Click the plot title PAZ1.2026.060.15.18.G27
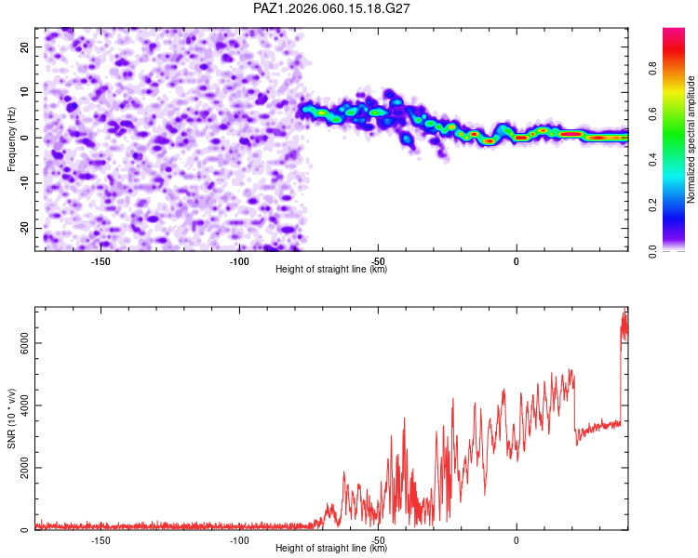click(x=332, y=8)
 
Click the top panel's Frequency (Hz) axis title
click(x=12, y=138)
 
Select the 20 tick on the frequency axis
click(x=25, y=46)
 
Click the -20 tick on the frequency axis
click(x=23, y=228)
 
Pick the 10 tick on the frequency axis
click(x=25, y=92)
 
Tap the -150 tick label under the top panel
click(x=101, y=261)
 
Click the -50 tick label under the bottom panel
click(x=377, y=540)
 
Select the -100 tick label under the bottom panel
click(x=238, y=540)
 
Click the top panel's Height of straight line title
click(x=331, y=270)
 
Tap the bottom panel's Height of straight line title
click(x=331, y=549)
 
